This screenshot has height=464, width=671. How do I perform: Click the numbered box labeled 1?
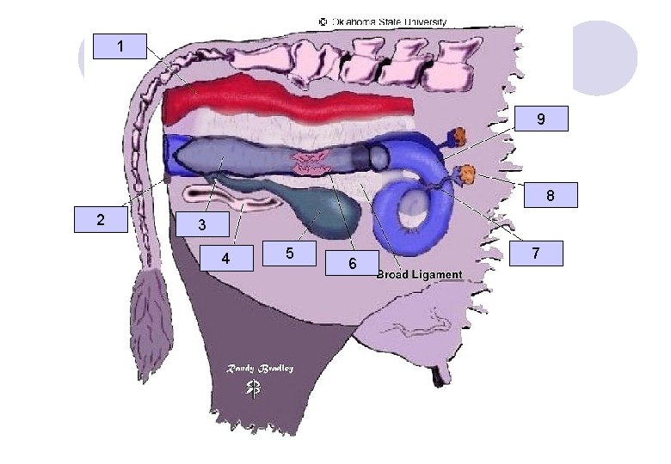coord(120,46)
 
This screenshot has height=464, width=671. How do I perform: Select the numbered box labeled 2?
coord(101,220)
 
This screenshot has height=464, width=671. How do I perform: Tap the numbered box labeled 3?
coord(202,224)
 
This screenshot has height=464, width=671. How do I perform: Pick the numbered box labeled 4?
coord(226,258)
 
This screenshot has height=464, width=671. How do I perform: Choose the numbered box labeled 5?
coord(289,253)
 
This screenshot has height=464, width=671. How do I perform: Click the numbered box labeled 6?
coord(352,263)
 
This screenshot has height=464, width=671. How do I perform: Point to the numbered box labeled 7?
coord(536,253)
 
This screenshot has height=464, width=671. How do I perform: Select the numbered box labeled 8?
coord(551,195)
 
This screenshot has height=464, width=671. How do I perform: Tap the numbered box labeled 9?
coord(541,119)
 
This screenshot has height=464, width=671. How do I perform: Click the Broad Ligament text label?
coord(420,275)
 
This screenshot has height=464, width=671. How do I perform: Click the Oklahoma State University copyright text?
coord(383,21)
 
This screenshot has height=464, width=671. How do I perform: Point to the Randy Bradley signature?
coord(260,369)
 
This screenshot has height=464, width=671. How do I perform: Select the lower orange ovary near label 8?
coord(468,174)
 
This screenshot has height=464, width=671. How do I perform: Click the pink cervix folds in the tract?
coord(311,163)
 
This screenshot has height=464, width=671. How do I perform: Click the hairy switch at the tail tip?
coord(151,325)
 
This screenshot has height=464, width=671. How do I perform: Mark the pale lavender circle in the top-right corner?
coord(605,58)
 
